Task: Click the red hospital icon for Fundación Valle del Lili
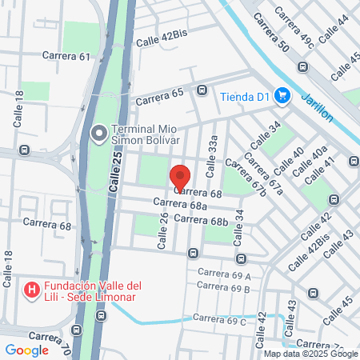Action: point(32,290)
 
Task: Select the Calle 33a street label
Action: point(212,155)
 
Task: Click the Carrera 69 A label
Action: point(224,274)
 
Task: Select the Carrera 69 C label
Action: point(218,320)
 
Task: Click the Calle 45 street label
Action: point(338,309)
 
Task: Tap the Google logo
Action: point(27,350)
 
